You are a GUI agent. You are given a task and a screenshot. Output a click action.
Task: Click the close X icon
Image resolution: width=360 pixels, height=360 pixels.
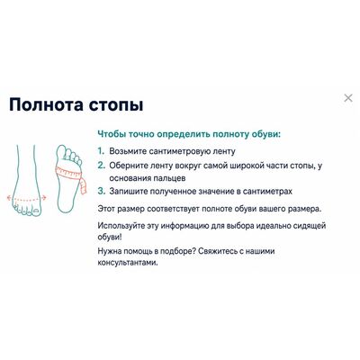tap(348, 98)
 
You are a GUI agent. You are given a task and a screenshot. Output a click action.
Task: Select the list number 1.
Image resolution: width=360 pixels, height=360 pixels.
tap(101, 151)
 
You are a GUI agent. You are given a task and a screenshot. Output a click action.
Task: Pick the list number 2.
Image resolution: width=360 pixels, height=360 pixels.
tap(102, 165)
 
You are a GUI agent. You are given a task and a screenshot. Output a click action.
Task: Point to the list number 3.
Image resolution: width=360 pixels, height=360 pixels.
tap(102, 191)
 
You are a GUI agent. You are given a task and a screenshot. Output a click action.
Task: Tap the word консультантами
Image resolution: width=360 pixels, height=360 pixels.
tap(128, 263)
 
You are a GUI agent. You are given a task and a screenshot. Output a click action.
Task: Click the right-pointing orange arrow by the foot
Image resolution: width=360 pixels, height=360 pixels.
tap(44, 197)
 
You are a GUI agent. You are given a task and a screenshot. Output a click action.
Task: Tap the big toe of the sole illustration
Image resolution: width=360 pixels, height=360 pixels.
tap(62, 152)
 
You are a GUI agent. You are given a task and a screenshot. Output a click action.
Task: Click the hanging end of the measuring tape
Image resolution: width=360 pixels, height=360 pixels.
tap(85, 186)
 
